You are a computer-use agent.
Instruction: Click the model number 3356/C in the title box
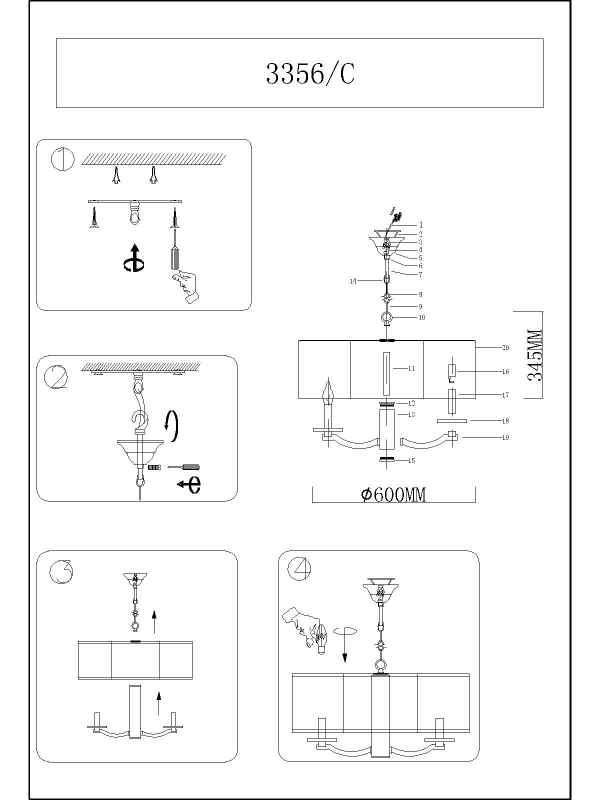pos(310,74)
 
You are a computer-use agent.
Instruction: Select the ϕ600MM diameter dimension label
pos(394,494)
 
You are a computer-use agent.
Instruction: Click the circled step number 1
pos(62,159)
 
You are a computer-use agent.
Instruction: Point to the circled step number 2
pos(55,377)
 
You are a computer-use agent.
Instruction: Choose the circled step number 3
pos(61,571)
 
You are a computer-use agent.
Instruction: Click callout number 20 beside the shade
pos(505,347)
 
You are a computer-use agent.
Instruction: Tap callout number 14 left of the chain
pos(353,281)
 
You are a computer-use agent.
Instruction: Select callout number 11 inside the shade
pos(411,368)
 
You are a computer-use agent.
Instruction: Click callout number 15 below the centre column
pos(411,460)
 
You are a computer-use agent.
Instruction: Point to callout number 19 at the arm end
pos(505,437)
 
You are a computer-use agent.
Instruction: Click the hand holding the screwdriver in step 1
pos(185,286)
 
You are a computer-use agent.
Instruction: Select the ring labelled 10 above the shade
pos(386,317)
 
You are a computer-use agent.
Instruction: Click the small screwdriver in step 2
pos(183,467)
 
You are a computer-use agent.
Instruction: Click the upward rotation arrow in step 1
pos(133,258)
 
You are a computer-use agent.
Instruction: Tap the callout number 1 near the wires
pos(421,225)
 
